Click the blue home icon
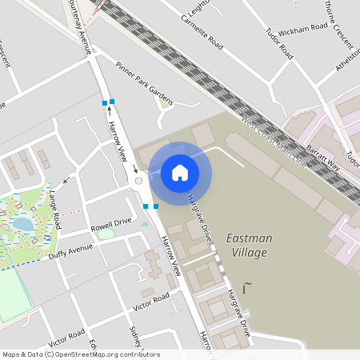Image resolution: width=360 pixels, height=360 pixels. pos(180,173)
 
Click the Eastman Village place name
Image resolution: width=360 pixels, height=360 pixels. pos(250,243)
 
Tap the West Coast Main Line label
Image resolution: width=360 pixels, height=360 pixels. pos(273,139)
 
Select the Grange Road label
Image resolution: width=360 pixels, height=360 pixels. pos(54,205)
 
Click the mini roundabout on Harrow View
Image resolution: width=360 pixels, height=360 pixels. pos(138,181)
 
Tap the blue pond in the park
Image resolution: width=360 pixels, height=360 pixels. pos(24,225)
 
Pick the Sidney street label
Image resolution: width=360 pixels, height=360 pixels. pos(134,336)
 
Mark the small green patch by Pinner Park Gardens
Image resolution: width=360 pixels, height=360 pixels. pos(165,102)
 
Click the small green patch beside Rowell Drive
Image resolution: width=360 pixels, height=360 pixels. pos(106,234)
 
